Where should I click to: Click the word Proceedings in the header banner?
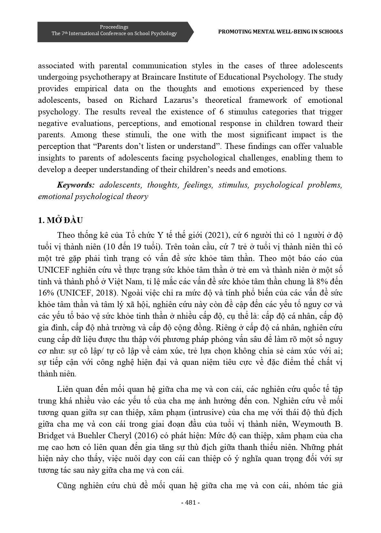tap(114, 27)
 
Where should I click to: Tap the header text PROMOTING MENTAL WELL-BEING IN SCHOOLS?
tap(280, 32)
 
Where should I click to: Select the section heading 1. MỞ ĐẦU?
tap(60, 220)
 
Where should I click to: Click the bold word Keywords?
tap(75, 185)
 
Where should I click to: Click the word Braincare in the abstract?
tap(166, 77)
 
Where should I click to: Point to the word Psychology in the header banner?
tap(164, 34)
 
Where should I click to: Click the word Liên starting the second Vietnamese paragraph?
tap(65, 389)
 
